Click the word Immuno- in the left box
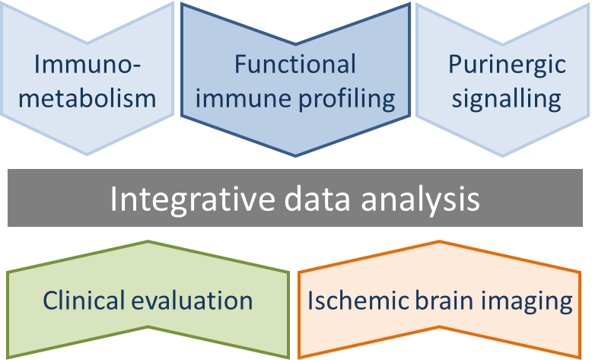(x=88, y=64)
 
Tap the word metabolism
(x=88, y=98)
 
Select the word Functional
(x=295, y=64)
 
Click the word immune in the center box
(x=243, y=99)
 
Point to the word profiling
(x=347, y=99)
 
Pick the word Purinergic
(x=507, y=65)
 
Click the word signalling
(x=507, y=99)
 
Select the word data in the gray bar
(x=317, y=199)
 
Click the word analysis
(x=420, y=199)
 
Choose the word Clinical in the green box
(x=84, y=301)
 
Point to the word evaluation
(x=193, y=301)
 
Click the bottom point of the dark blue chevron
(x=296, y=155)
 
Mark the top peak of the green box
(x=148, y=241)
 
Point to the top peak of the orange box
(x=440, y=241)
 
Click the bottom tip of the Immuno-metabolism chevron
(x=88, y=155)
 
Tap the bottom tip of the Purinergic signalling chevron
(x=502, y=155)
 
